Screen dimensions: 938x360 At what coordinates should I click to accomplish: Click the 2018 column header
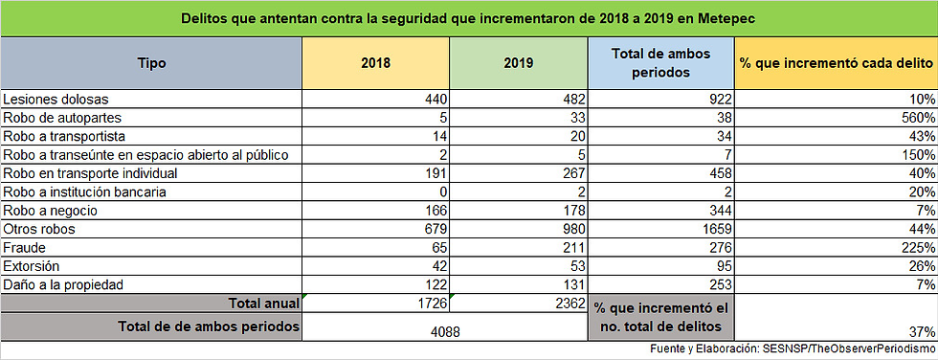coord(375,63)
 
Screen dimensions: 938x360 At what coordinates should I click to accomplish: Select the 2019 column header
coord(519,63)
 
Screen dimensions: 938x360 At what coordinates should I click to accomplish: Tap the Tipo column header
coord(151,63)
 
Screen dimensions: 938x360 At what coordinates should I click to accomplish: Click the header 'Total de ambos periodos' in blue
coord(661,63)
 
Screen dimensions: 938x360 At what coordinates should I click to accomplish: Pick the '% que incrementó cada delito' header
coord(836,63)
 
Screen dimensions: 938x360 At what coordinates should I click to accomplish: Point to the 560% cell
coord(918,117)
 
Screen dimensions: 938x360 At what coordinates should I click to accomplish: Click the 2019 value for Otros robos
coord(572,229)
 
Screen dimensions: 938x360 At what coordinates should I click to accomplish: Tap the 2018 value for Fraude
coord(439,248)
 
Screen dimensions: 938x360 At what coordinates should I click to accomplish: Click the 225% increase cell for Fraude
coord(918,248)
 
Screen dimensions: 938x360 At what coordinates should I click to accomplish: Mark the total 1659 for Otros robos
coord(716,229)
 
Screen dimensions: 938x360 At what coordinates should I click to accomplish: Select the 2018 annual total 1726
coord(432,304)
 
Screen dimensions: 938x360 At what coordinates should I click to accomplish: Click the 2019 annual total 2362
coord(569,304)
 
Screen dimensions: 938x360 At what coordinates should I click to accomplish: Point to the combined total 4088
coord(444,330)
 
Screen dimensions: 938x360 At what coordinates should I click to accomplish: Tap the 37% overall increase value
coord(923,332)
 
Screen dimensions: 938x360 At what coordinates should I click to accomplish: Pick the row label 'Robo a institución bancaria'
coord(84,191)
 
